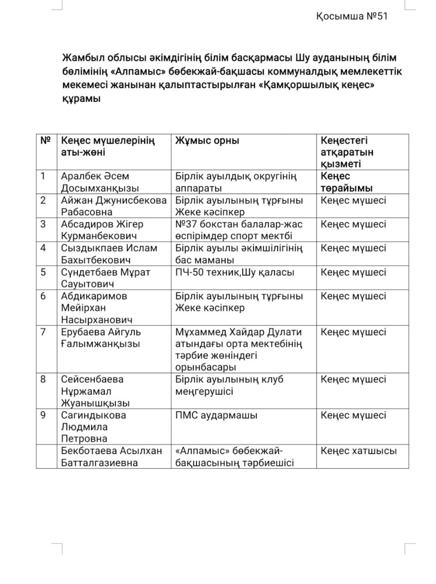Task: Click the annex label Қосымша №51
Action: tap(351, 16)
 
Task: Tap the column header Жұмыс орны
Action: tap(207, 141)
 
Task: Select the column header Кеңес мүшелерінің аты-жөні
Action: tap(108, 146)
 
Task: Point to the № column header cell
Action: tap(46, 141)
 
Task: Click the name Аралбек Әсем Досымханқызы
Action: tap(100, 182)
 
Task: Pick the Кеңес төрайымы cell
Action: tap(347, 182)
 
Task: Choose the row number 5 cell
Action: tap(43, 272)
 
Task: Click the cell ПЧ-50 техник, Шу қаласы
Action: tap(235, 272)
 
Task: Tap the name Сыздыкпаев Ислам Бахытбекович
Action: tap(109, 254)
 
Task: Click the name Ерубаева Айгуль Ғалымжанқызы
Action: tap(101, 338)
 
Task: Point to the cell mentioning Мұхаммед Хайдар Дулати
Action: tap(239, 349)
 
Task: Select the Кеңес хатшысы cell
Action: tap(358, 451)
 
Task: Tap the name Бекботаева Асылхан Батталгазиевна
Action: tap(111, 457)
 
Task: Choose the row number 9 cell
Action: tap(43, 415)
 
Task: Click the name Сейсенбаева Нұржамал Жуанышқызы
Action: tap(95, 391)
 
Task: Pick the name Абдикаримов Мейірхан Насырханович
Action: tap(97, 308)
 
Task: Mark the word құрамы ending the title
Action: tap(81, 99)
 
